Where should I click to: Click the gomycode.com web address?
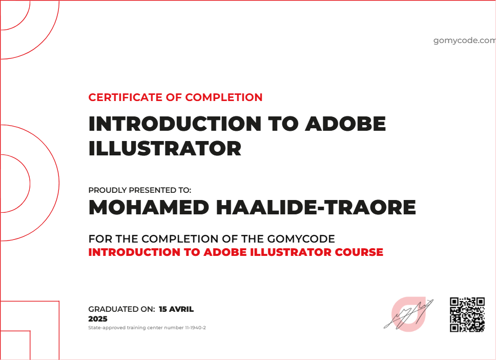[464, 41]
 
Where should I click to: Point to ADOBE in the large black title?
[345, 124]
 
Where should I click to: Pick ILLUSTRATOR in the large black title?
[164, 149]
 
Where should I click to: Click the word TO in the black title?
[284, 124]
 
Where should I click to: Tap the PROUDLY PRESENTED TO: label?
[139, 190]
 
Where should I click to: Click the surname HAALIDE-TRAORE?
[317, 208]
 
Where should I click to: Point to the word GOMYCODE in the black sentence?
[301, 239]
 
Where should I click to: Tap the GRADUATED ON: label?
[121, 309]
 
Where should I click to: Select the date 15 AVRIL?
[176, 309]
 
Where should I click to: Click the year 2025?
[98, 319]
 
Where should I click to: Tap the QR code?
[467, 314]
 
